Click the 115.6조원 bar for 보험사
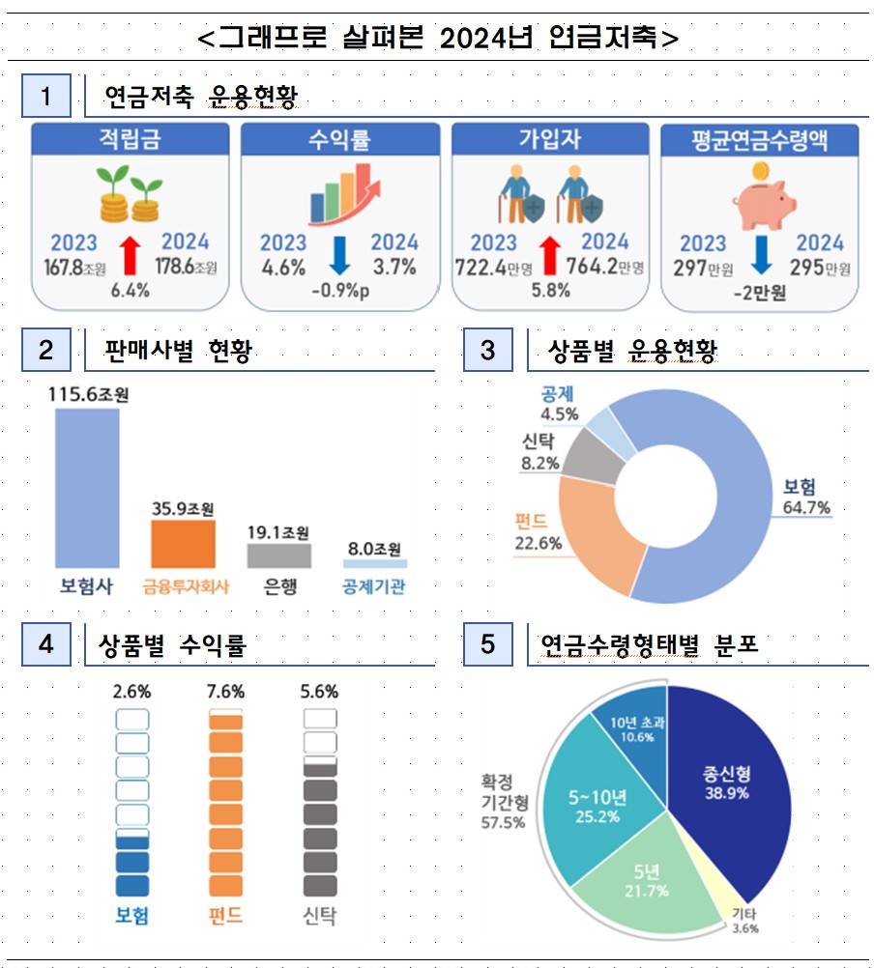[87, 487]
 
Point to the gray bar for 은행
[278, 555]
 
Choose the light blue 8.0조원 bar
[374, 562]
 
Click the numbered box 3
[487, 350]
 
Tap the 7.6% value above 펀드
[225, 692]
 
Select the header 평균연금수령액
[760, 140]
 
